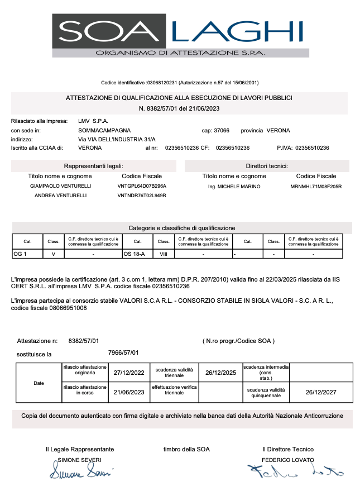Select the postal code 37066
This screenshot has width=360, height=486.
pos(222,131)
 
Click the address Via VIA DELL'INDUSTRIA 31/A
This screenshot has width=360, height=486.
pos(117,139)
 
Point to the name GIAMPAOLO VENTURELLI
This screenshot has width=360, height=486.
pos(60,186)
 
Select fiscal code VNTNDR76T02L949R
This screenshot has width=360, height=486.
pos(142,196)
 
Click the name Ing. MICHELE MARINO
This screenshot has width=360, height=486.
pos(234,186)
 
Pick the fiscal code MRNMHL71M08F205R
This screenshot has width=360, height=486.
pos(316,186)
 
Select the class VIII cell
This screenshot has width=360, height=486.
pos(164,254)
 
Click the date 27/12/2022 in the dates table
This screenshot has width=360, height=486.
pos(129,372)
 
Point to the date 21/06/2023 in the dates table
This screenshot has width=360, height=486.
pos(129,392)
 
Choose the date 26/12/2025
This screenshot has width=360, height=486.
pos(221,372)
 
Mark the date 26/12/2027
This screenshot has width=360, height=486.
pos(321,392)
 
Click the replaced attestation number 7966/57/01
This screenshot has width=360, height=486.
pos(123,353)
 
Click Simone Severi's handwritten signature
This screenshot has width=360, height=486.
pos(81,473)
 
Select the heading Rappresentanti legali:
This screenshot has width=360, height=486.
pos(94,166)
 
